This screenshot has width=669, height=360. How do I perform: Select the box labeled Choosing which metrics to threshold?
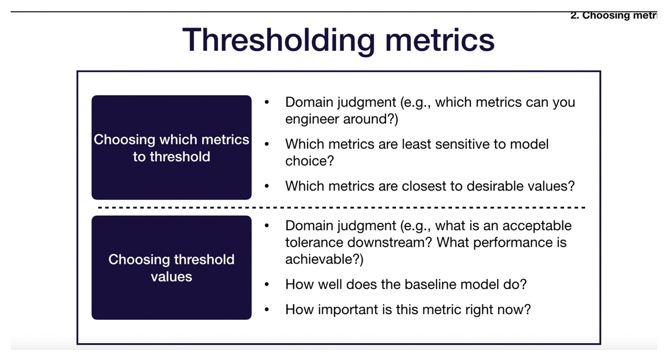click(x=171, y=147)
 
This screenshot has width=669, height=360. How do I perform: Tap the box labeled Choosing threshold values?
click(x=171, y=267)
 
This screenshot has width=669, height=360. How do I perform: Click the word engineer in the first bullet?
click(x=313, y=119)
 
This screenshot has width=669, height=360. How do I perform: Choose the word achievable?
click(x=321, y=259)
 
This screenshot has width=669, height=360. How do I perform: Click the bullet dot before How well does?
click(x=267, y=284)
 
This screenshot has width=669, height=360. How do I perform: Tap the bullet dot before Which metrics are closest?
click(x=267, y=186)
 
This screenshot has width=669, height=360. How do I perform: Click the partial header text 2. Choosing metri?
click(x=613, y=15)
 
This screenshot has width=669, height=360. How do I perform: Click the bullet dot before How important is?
click(x=267, y=310)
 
